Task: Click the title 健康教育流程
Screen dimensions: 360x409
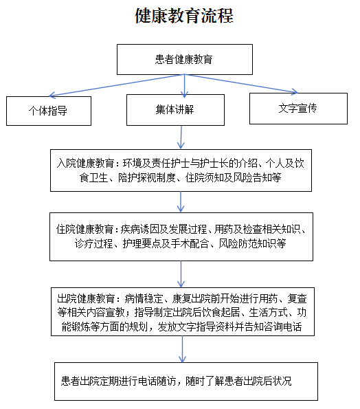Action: tap(184, 16)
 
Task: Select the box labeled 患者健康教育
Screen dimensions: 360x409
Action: tap(185, 60)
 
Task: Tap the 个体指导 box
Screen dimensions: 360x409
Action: tap(49, 111)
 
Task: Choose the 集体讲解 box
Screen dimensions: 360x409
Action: tap(175, 110)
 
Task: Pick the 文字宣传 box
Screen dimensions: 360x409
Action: tap(298, 109)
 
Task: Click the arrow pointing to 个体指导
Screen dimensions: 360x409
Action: tap(117, 85)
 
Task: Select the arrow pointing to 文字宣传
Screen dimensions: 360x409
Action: tap(241, 83)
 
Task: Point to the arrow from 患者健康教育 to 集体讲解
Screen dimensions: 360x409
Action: tap(185, 86)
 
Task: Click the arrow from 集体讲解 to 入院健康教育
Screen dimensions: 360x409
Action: tap(181, 137)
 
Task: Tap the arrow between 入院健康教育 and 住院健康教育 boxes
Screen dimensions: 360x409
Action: tap(181, 201)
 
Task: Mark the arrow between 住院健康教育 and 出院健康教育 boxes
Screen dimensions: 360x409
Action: tap(181, 274)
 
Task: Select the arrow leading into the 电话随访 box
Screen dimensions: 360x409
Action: tap(182, 349)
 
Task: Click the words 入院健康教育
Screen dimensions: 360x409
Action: tap(85, 164)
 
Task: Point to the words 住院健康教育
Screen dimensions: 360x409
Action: tap(85, 230)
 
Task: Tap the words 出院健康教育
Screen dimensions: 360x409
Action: tap(86, 298)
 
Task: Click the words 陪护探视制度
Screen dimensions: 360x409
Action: tap(147, 177)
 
